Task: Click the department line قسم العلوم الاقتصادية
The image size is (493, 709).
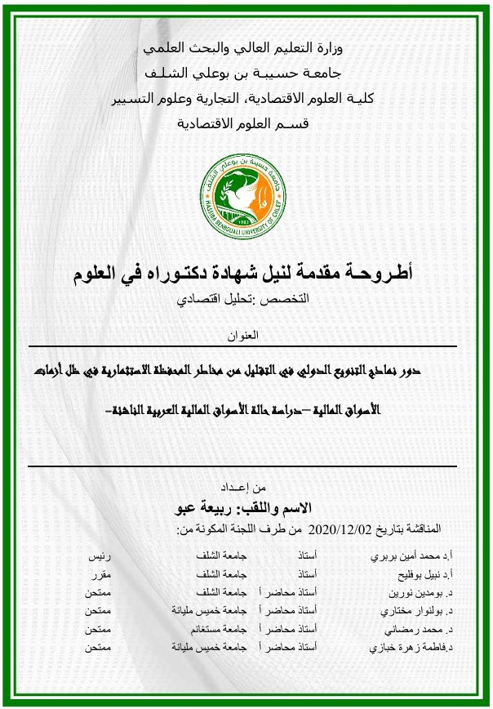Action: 246,124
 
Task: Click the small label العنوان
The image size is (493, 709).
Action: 246,334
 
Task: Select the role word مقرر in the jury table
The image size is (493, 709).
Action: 99,575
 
